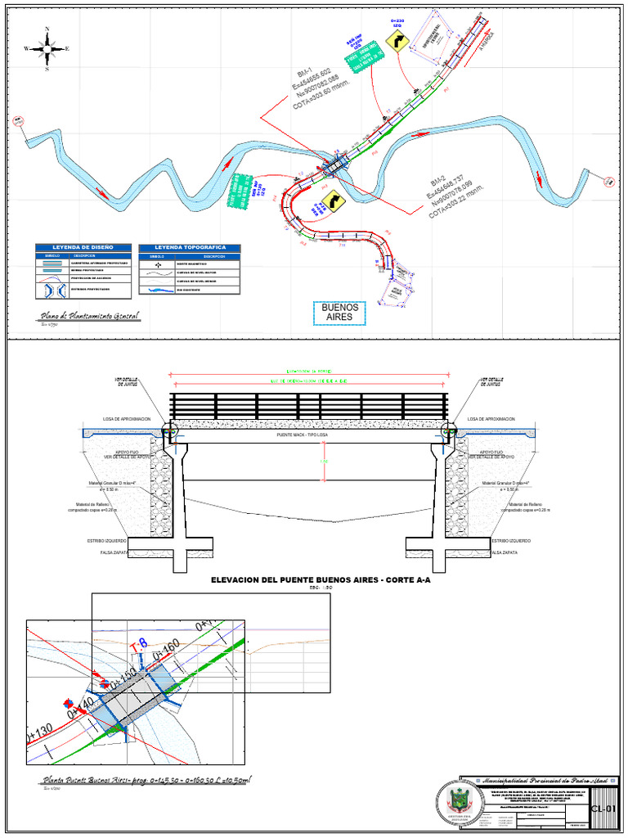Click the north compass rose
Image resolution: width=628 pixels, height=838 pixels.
coord(47,49)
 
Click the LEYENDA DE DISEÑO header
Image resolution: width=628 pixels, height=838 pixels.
coord(82,247)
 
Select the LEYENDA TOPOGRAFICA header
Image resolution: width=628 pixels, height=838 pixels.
coord(190,247)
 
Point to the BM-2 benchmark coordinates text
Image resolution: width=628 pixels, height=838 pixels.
coord(456,199)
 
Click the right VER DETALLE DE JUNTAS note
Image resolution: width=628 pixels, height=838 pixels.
coord(492,382)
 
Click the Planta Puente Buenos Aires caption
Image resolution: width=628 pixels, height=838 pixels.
coord(148,781)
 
